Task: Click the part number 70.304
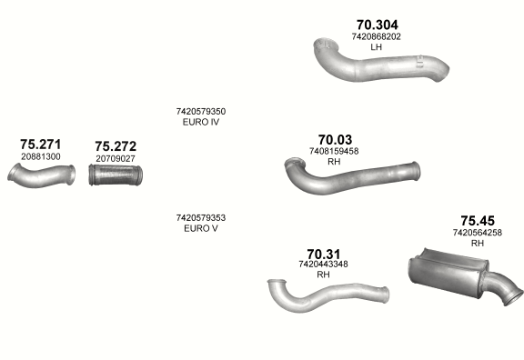click(x=377, y=25)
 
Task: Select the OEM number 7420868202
click(x=376, y=36)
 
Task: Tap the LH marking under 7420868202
click(x=376, y=47)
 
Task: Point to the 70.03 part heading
click(x=335, y=140)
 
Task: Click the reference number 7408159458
click(x=334, y=151)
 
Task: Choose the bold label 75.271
click(x=40, y=145)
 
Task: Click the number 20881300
click(x=41, y=156)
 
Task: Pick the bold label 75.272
click(x=116, y=146)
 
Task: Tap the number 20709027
click(x=116, y=158)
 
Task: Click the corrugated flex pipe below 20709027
click(x=116, y=175)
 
